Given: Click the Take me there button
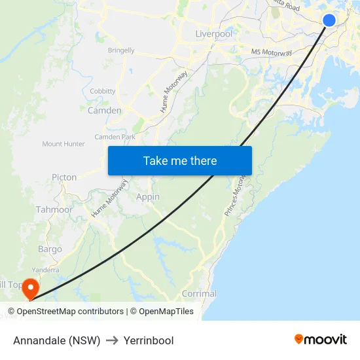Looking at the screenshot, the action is pyautogui.click(x=179, y=160).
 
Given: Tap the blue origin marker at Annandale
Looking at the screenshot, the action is pyautogui.click(x=329, y=20).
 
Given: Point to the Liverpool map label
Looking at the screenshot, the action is pyautogui.click(x=213, y=33).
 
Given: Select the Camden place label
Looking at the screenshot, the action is pyautogui.click(x=104, y=111).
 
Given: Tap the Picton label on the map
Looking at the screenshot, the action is pyautogui.click(x=64, y=177).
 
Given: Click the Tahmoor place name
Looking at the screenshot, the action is pyautogui.click(x=54, y=209).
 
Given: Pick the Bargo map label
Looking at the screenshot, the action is pyautogui.click(x=50, y=249).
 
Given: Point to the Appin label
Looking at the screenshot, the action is pyautogui.click(x=148, y=196).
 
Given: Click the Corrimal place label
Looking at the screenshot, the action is pyautogui.click(x=199, y=294).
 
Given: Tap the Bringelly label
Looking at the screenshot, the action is pyautogui.click(x=121, y=50).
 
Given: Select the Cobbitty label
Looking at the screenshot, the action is pyautogui.click(x=103, y=91).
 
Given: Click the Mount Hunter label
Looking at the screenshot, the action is pyautogui.click(x=63, y=144).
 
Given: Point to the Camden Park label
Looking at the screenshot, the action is pyautogui.click(x=115, y=137).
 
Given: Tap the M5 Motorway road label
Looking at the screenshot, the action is pyautogui.click(x=272, y=52).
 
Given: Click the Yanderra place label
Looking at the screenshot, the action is pyautogui.click(x=46, y=269).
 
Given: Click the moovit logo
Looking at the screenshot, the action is pyautogui.click(x=320, y=340).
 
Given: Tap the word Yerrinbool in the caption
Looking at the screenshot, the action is pyautogui.click(x=149, y=340).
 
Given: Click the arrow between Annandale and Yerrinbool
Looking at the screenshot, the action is pyautogui.click(x=112, y=340).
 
